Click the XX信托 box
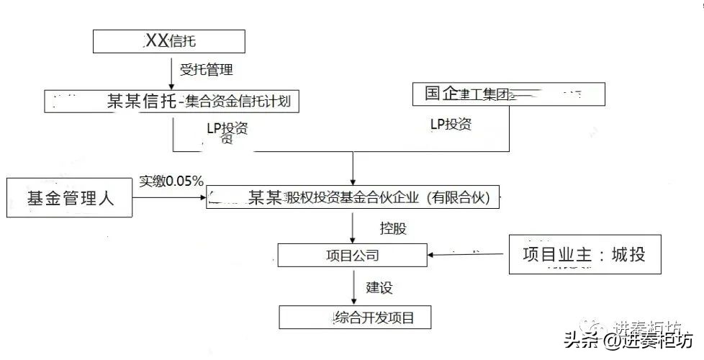[169, 41]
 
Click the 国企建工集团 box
[508, 94]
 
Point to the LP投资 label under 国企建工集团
[451, 124]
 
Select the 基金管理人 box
[71, 197]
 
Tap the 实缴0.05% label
[171, 180]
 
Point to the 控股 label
[393, 229]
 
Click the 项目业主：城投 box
[584, 254]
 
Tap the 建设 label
[379, 287]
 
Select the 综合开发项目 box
[356, 317]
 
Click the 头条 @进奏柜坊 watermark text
[628, 339]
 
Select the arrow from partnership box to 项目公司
[352, 227]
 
